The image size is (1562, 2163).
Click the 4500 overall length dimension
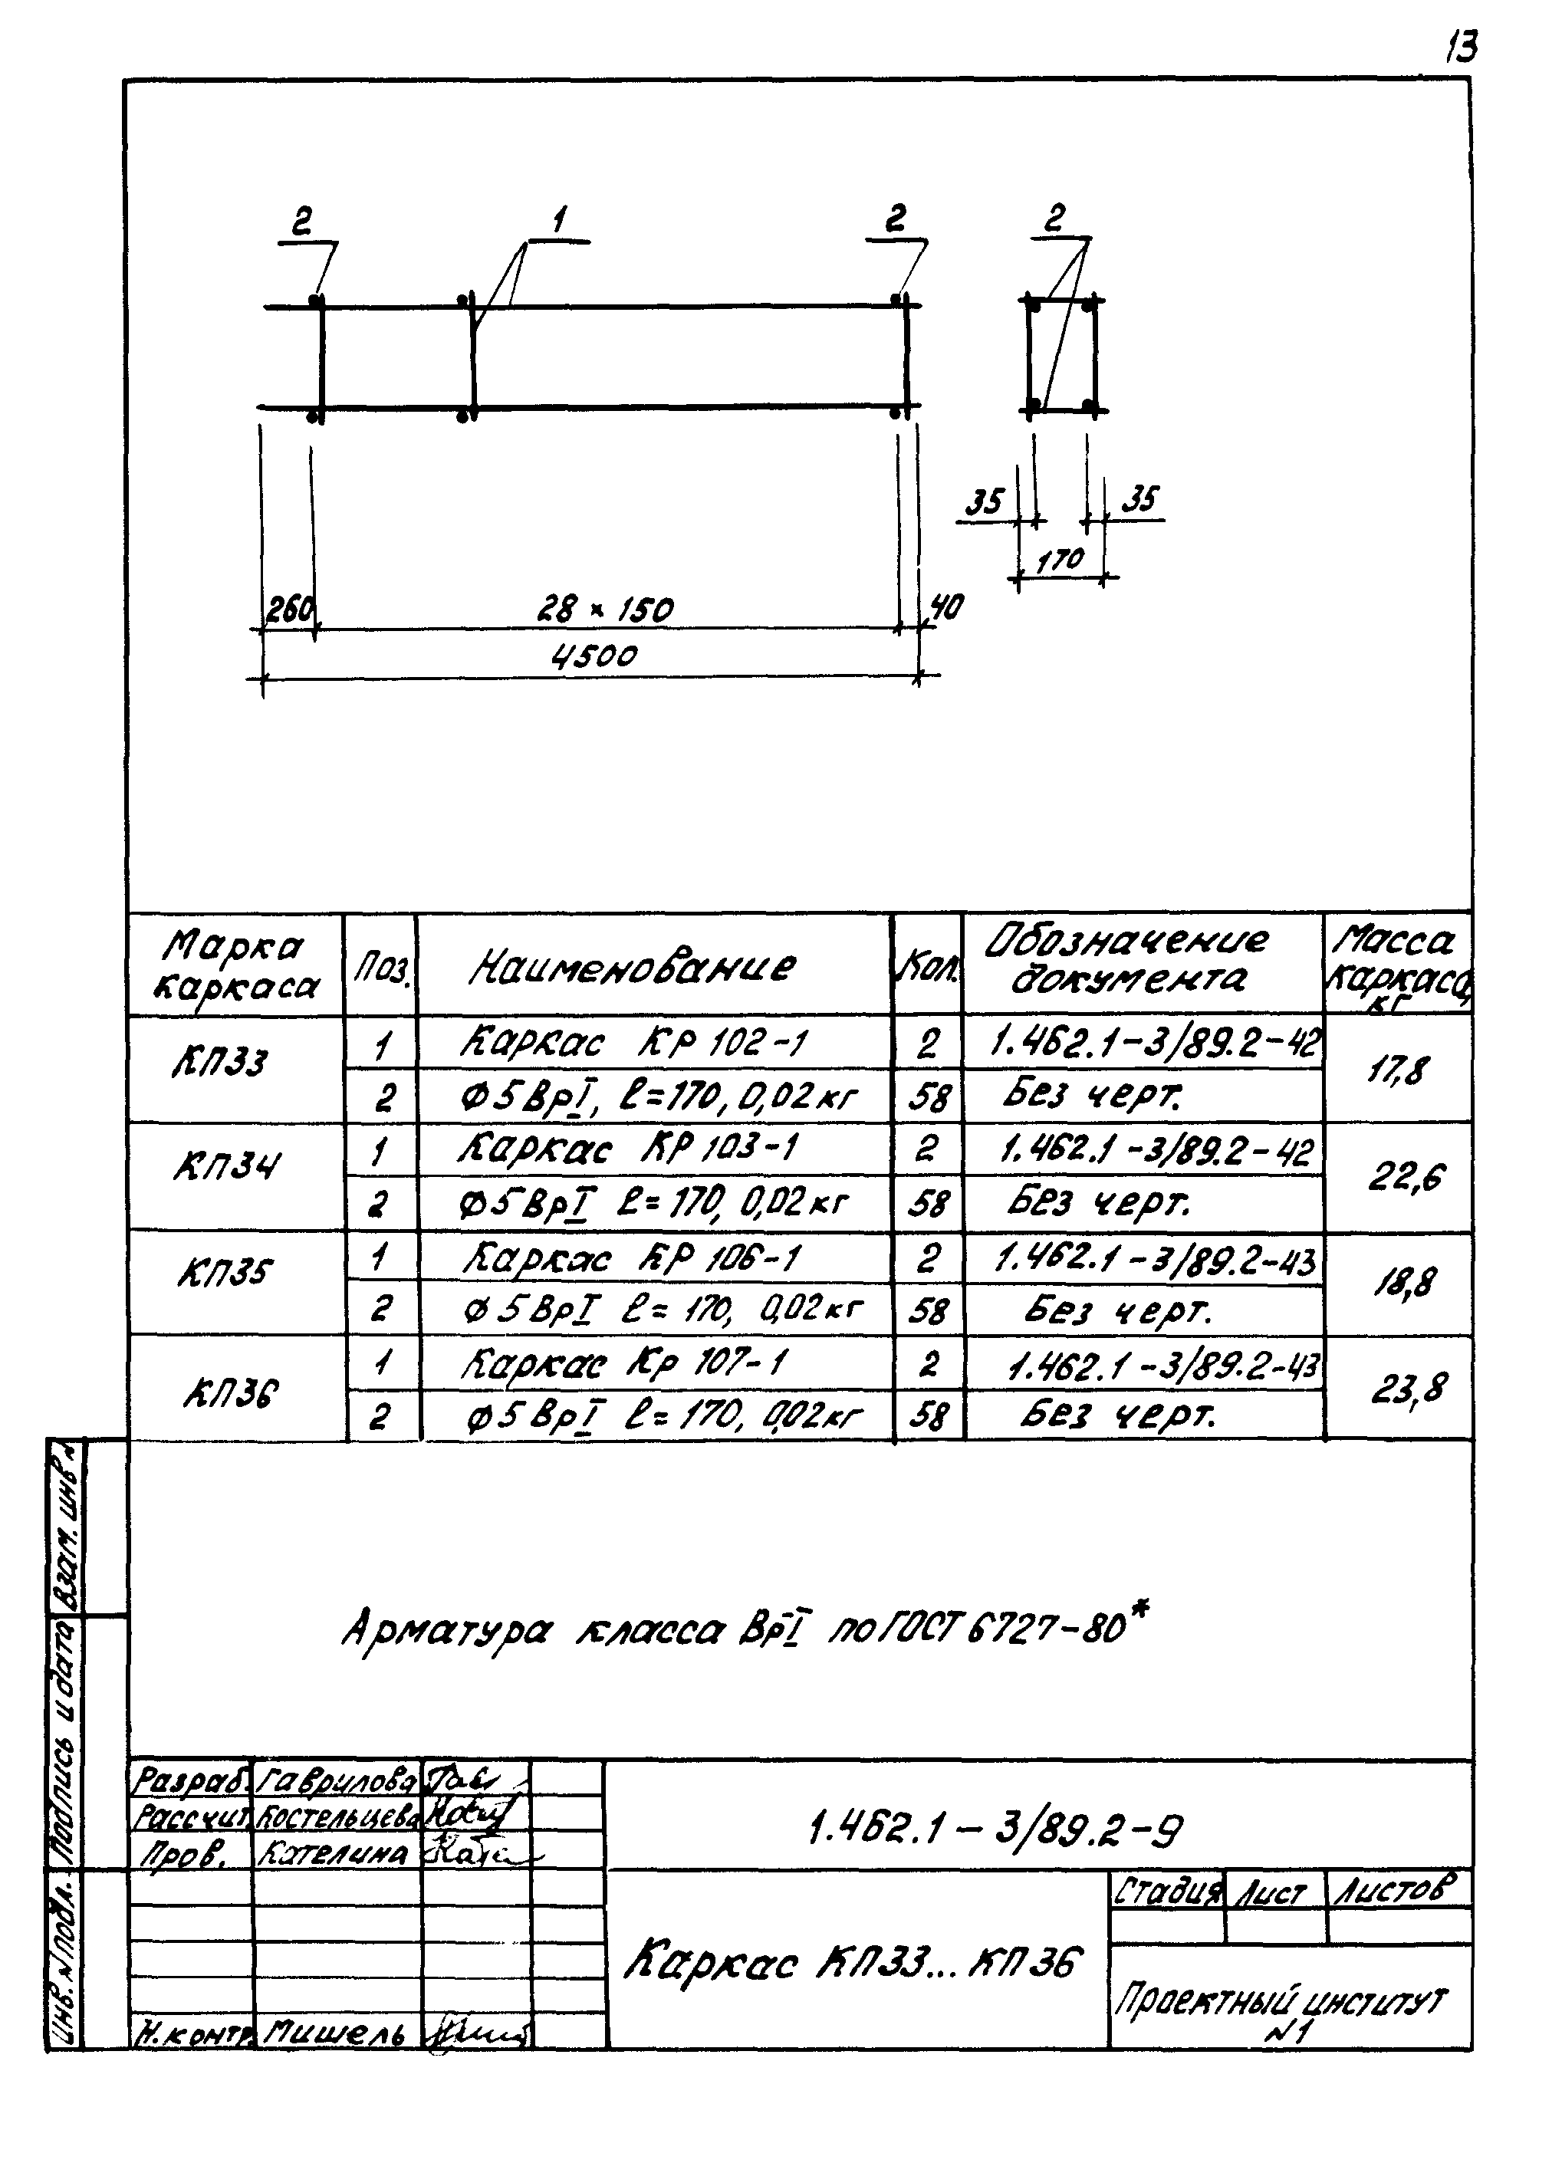coord(594,656)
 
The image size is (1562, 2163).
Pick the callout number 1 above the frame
coord(560,222)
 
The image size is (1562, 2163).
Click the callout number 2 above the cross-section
coord(1053,219)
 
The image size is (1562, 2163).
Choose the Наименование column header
coord(632,967)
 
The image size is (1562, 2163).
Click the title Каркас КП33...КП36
coord(853,1963)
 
